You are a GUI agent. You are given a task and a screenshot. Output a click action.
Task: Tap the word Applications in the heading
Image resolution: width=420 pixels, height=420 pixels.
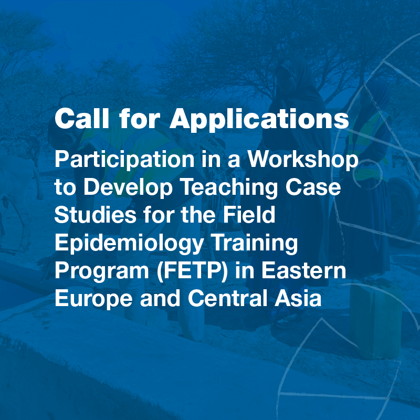(x=259, y=120)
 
